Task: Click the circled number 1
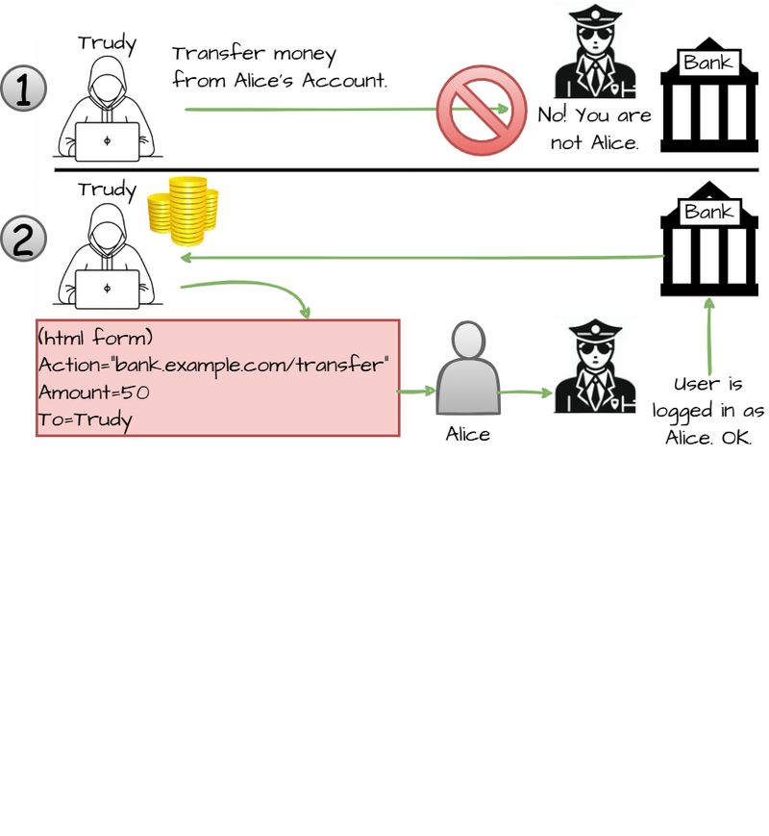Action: tap(24, 91)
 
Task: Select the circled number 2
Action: tap(24, 240)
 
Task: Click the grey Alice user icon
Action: tap(468, 370)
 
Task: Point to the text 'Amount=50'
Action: tap(94, 393)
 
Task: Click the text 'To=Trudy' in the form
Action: tap(86, 419)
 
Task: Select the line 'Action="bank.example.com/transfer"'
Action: tap(213, 366)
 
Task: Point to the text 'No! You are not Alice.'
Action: tap(594, 129)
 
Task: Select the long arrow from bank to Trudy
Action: tap(423, 258)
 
